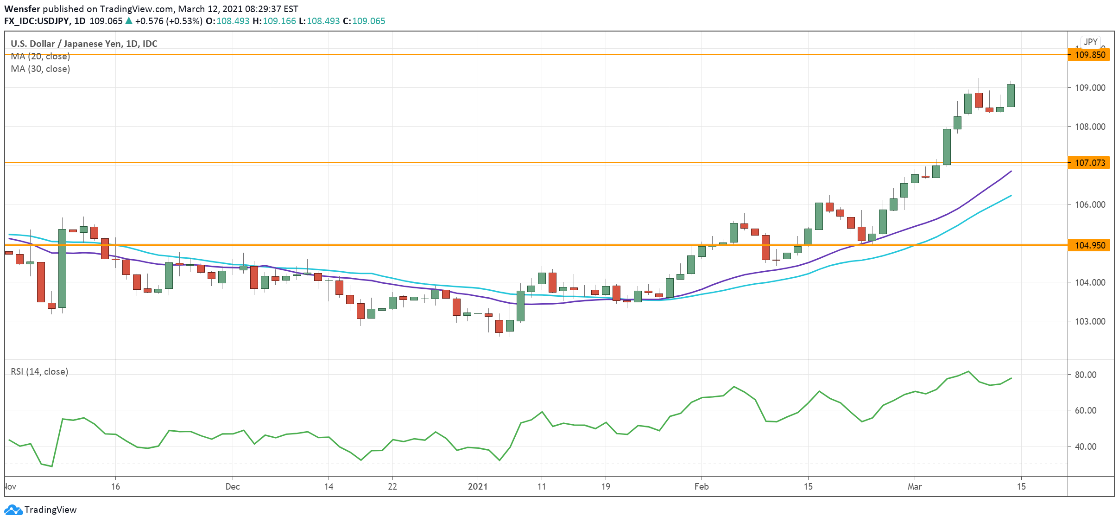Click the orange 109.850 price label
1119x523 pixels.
pos(1089,55)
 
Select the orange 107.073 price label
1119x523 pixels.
pos(1089,163)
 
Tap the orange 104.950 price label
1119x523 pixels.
pos(1089,245)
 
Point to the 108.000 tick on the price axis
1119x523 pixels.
pos(1089,127)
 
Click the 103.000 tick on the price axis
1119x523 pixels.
pos(1089,321)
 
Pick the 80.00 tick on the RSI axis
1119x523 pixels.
pos(1085,375)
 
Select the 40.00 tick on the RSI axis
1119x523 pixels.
pos(1085,446)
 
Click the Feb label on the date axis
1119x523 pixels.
pos(701,486)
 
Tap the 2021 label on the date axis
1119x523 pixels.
pos(478,486)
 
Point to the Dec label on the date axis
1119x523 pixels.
pos(232,486)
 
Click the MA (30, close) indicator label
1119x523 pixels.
pos(40,69)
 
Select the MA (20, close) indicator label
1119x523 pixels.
pos(40,56)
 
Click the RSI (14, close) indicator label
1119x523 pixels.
pos(39,371)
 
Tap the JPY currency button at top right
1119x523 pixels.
pos(1090,42)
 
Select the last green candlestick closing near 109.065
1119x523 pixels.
pos(1011,96)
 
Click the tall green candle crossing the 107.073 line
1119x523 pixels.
pos(947,147)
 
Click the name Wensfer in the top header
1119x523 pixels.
pos(22,9)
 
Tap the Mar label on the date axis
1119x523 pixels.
pos(914,486)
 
